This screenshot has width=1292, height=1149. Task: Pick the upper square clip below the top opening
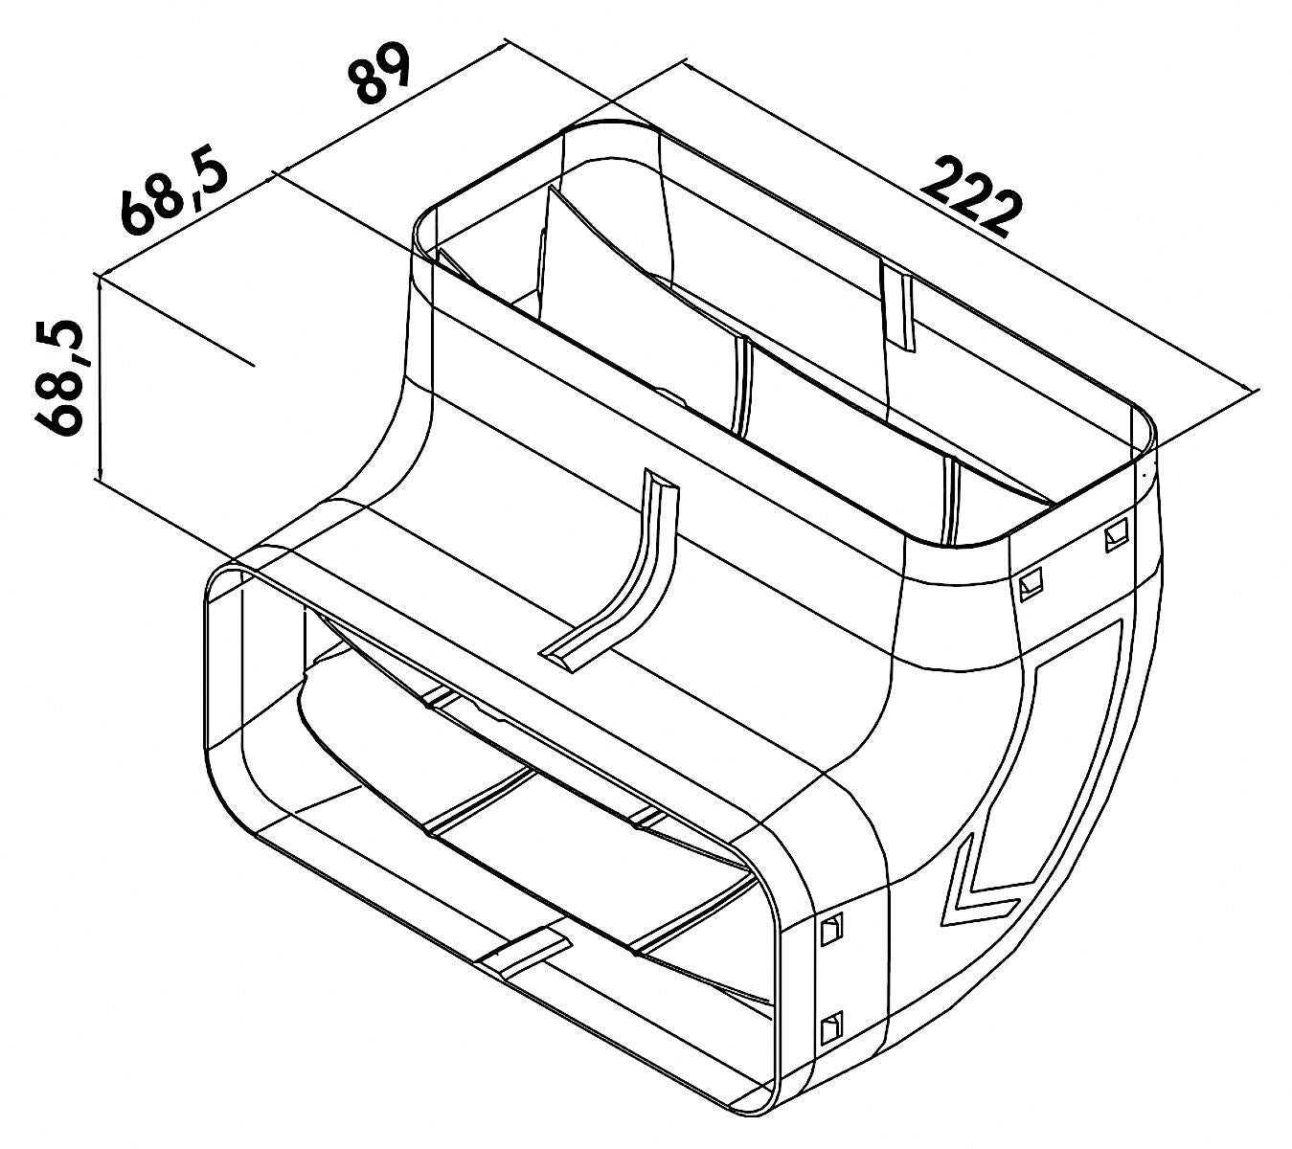tap(1116, 533)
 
